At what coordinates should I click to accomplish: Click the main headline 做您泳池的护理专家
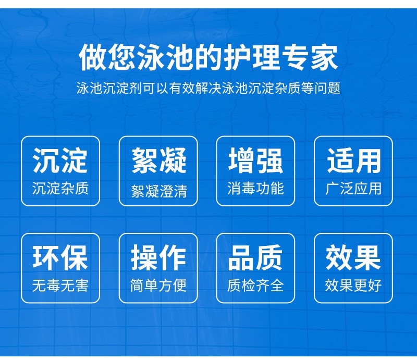tap(208, 58)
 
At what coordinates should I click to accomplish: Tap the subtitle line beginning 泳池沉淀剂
tap(208, 88)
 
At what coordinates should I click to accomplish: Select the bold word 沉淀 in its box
tap(60, 160)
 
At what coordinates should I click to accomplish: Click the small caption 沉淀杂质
tap(60, 189)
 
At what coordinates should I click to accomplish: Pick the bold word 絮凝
tap(159, 160)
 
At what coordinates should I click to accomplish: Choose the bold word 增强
tap(256, 160)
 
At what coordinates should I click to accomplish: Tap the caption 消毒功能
tap(255, 189)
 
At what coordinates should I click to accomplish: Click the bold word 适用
tap(354, 160)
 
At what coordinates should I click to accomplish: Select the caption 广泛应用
tap(353, 189)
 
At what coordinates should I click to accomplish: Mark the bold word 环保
tap(60, 258)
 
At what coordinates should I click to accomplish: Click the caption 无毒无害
tap(60, 285)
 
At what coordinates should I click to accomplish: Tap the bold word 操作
tap(158, 258)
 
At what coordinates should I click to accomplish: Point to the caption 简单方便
tap(158, 285)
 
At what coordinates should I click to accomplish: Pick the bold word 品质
tap(256, 258)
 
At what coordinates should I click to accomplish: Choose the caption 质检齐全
tap(255, 285)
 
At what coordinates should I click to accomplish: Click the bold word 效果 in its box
tap(353, 258)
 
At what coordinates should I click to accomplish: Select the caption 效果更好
tap(353, 285)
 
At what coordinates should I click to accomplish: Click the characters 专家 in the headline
tap(310, 58)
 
